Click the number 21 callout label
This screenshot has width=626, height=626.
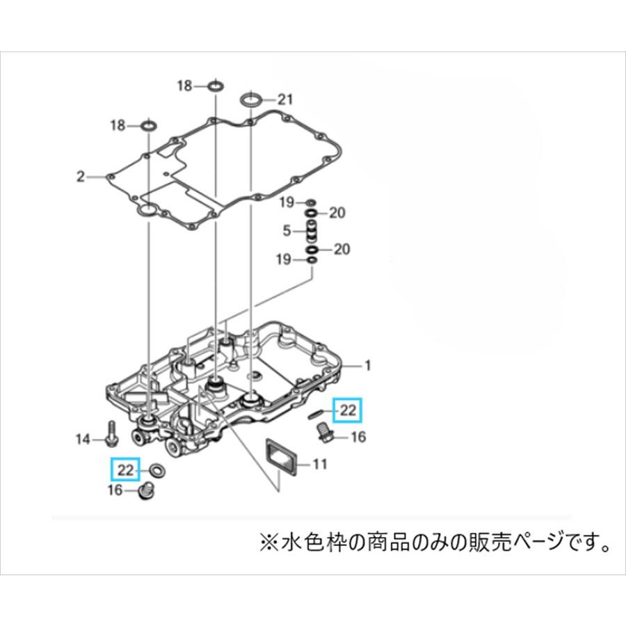[286, 99]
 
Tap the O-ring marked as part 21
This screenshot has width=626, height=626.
[251, 100]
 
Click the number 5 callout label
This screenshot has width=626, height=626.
[287, 230]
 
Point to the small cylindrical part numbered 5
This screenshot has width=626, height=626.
[312, 230]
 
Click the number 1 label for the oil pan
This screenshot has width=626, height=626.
[369, 365]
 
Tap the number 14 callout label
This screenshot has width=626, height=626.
[83, 439]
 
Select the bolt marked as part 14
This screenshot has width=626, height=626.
[111, 434]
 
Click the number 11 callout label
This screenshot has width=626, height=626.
[319, 463]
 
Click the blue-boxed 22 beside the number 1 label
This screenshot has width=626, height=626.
[347, 411]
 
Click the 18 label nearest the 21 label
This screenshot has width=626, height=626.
[184, 86]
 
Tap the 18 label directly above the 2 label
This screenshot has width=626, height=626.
[117, 126]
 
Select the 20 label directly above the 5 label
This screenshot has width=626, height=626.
[337, 213]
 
